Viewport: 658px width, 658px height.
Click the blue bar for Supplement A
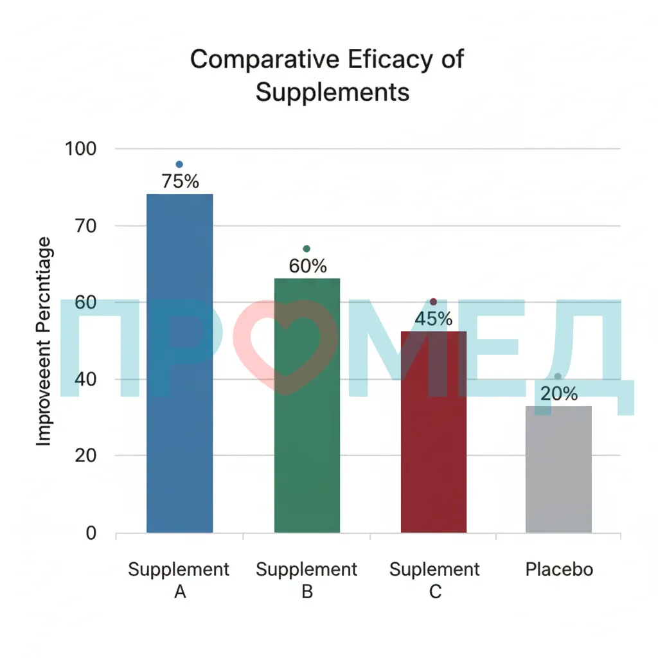click(180, 364)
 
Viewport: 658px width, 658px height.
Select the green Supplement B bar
click(307, 405)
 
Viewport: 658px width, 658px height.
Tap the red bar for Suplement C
click(434, 432)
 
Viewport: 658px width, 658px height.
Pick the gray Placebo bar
click(558, 469)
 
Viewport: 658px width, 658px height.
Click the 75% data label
click(181, 181)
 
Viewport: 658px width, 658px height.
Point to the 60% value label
click(308, 266)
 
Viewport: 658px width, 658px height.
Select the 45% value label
click(434, 319)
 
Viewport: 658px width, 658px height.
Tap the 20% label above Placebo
click(559, 394)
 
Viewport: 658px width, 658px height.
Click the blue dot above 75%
click(179, 164)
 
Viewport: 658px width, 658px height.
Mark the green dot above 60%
click(307, 249)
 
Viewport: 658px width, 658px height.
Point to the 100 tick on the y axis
click(80, 148)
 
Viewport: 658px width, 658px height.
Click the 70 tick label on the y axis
click(85, 226)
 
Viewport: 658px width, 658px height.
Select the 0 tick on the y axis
click(91, 533)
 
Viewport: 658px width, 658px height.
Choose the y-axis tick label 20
click(85, 456)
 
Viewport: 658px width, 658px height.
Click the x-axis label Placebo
click(560, 569)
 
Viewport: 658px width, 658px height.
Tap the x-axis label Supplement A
click(179, 580)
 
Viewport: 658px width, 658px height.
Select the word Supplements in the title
click(332, 93)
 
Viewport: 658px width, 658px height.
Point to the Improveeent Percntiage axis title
click(44, 342)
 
